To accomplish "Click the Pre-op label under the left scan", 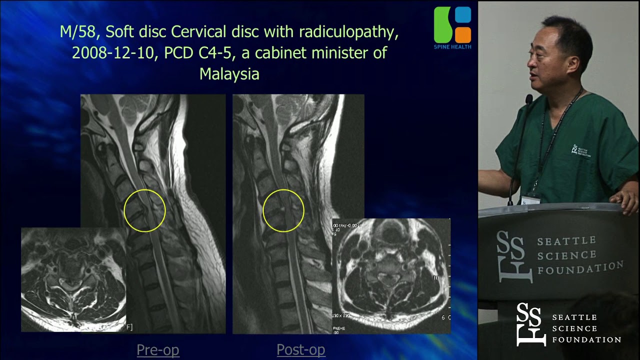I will pos(158,350).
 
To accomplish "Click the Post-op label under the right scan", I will pos(301,350).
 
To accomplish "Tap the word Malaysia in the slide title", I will pos(229,74).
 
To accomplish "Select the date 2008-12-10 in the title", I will pos(112,52).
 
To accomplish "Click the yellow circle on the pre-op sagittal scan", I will pos(144,210).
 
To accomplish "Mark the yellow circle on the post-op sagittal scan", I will pos(283,210).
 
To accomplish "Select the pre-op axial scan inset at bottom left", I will pos(73,279).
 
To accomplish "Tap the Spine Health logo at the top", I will pos(452,27).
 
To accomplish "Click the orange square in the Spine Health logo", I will pos(463,35).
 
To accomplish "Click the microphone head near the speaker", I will pos(528,99).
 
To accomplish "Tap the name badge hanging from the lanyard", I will pos(530,199).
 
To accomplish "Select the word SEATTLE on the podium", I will pos(566,241).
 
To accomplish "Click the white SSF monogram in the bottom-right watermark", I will pos(530,324).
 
